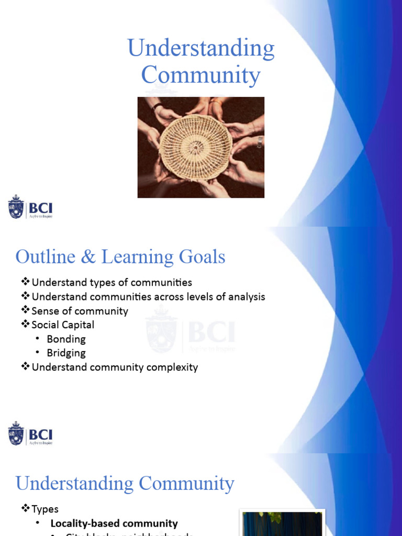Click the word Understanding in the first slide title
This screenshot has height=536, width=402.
pyautogui.click(x=201, y=49)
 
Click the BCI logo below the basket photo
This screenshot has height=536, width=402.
pyautogui.click(x=30, y=207)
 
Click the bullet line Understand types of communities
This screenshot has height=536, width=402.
pyautogui.click(x=111, y=283)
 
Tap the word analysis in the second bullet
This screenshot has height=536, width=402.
pyautogui.click(x=242, y=297)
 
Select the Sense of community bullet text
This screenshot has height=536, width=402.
pyautogui.click(x=80, y=311)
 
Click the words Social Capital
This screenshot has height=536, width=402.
pyautogui.click(x=63, y=325)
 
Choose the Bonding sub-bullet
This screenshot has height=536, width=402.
pyautogui.click(x=66, y=339)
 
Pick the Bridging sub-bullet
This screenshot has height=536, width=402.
pyautogui.click(x=66, y=353)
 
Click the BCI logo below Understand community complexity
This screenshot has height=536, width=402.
pyautogui.click(x=30, y=433)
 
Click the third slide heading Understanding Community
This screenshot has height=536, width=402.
pyautogui.click(x=125, y=483)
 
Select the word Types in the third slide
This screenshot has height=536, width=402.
pyautogui.click(x=45, y=509)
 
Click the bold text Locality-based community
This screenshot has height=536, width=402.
pyautogui.click(x=114, y=523)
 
